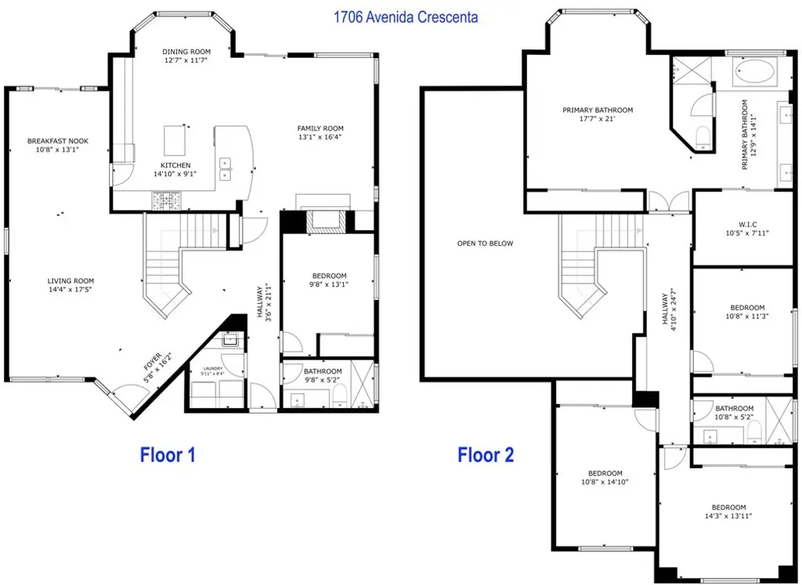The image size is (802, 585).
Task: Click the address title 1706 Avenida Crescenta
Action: point(406,17)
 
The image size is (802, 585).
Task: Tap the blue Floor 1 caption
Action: point(168,454)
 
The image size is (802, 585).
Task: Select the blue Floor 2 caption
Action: point(486,454)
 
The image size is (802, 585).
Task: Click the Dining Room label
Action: point(186,52)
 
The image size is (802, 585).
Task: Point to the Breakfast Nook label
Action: point(58,141)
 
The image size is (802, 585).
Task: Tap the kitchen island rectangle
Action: point(175,140)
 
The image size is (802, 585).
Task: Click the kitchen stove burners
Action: point(166,200)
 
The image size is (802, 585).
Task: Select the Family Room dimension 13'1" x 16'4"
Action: point(320,137)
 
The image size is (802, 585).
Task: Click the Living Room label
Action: point(70,280)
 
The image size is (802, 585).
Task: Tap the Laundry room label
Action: point(213,368)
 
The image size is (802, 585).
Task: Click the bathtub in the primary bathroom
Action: point(754,71)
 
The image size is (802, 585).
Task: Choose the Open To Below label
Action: point(485,244)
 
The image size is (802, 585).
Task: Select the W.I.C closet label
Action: point(747,225)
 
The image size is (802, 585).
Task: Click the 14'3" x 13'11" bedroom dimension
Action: point(728,516)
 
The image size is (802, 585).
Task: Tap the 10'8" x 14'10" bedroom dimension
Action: point(605,482)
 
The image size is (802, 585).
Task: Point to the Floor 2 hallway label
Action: point(665,309)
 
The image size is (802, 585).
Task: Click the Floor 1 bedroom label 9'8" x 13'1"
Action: point(329,284)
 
